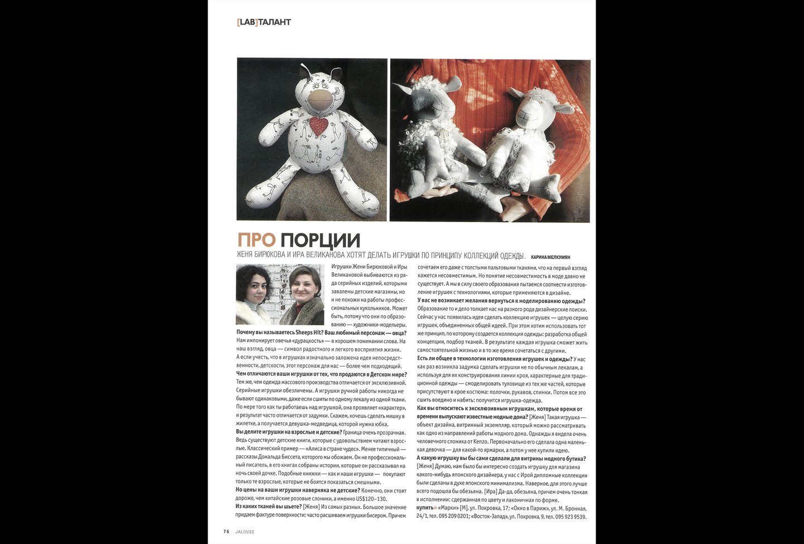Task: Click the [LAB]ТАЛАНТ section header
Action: (264, 22)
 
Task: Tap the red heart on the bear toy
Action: (319, 126)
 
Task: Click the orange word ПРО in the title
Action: (256, 240)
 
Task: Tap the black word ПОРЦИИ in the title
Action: (320, 240)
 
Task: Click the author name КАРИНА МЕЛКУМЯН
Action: (551, 257)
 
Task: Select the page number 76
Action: (226, 532)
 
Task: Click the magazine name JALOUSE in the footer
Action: (245, 532)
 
